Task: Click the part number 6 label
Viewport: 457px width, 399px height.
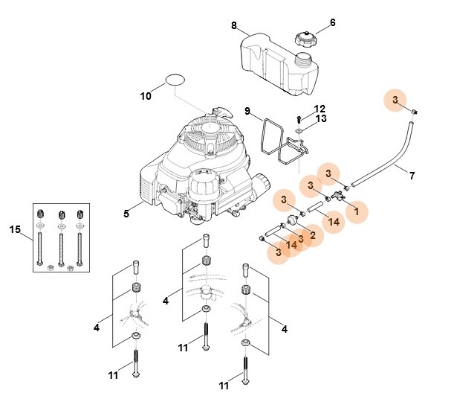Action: point(332,22)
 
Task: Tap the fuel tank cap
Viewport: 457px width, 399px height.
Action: point(305,38)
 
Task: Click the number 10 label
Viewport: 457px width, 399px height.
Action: point(146,95)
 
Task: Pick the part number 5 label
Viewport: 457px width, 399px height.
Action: point(127,214)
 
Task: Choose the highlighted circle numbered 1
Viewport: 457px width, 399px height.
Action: point(356,211)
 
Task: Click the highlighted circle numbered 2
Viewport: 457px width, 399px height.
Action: point(312,237)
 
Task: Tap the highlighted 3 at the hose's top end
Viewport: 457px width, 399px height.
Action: point(395,100)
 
